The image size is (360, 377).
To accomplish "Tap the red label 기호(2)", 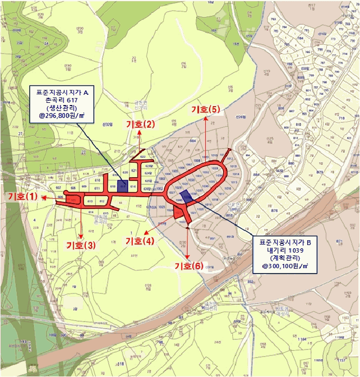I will coord(140,124).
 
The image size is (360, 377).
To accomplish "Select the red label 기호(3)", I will coord(81,245).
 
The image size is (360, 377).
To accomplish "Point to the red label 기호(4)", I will coord(140,241).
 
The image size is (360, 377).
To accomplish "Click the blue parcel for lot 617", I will coord(122,186).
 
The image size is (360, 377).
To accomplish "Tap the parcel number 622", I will coord(143,157).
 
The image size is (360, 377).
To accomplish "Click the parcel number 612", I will coord(102,200).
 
